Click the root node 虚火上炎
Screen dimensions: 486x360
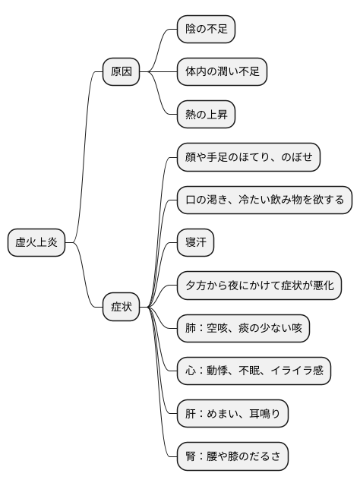click(x=36, y=243)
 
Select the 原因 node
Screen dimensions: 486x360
click(x=122, y=72)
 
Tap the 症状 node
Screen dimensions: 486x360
click(x=122, y=307)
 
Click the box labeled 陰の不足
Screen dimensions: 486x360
click(x=206, y=29)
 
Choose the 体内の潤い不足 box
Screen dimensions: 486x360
click(x=222, y=72)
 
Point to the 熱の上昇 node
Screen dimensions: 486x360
click(x=206, y=115)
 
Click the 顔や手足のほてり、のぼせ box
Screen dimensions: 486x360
click(x=248, y=158)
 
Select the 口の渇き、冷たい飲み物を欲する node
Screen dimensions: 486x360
click(x=264, y=201)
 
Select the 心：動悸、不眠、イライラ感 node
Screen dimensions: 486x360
click(x=254, y=371)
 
